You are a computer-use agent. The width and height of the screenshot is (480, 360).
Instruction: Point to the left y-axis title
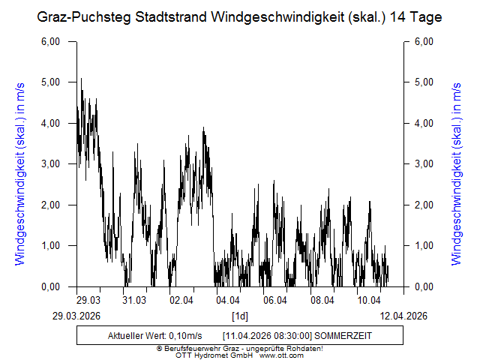[20, 163]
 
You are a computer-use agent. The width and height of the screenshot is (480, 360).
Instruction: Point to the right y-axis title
[456, 163]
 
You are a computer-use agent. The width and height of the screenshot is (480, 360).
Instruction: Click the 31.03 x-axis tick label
[135, 300]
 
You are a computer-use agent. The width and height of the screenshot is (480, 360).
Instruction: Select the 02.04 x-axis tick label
[181, 300]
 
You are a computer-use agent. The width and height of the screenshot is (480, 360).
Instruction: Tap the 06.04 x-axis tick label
[275, 300]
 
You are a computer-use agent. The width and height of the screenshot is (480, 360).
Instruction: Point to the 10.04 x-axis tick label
[369, 300]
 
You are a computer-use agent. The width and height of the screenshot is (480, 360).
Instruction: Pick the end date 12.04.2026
[402, 315]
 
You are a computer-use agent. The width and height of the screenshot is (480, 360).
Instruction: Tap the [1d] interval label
[239, 315]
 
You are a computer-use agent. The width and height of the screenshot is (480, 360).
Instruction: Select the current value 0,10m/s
[183, 334]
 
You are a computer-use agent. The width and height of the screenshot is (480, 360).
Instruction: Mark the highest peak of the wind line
[81, 78]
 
